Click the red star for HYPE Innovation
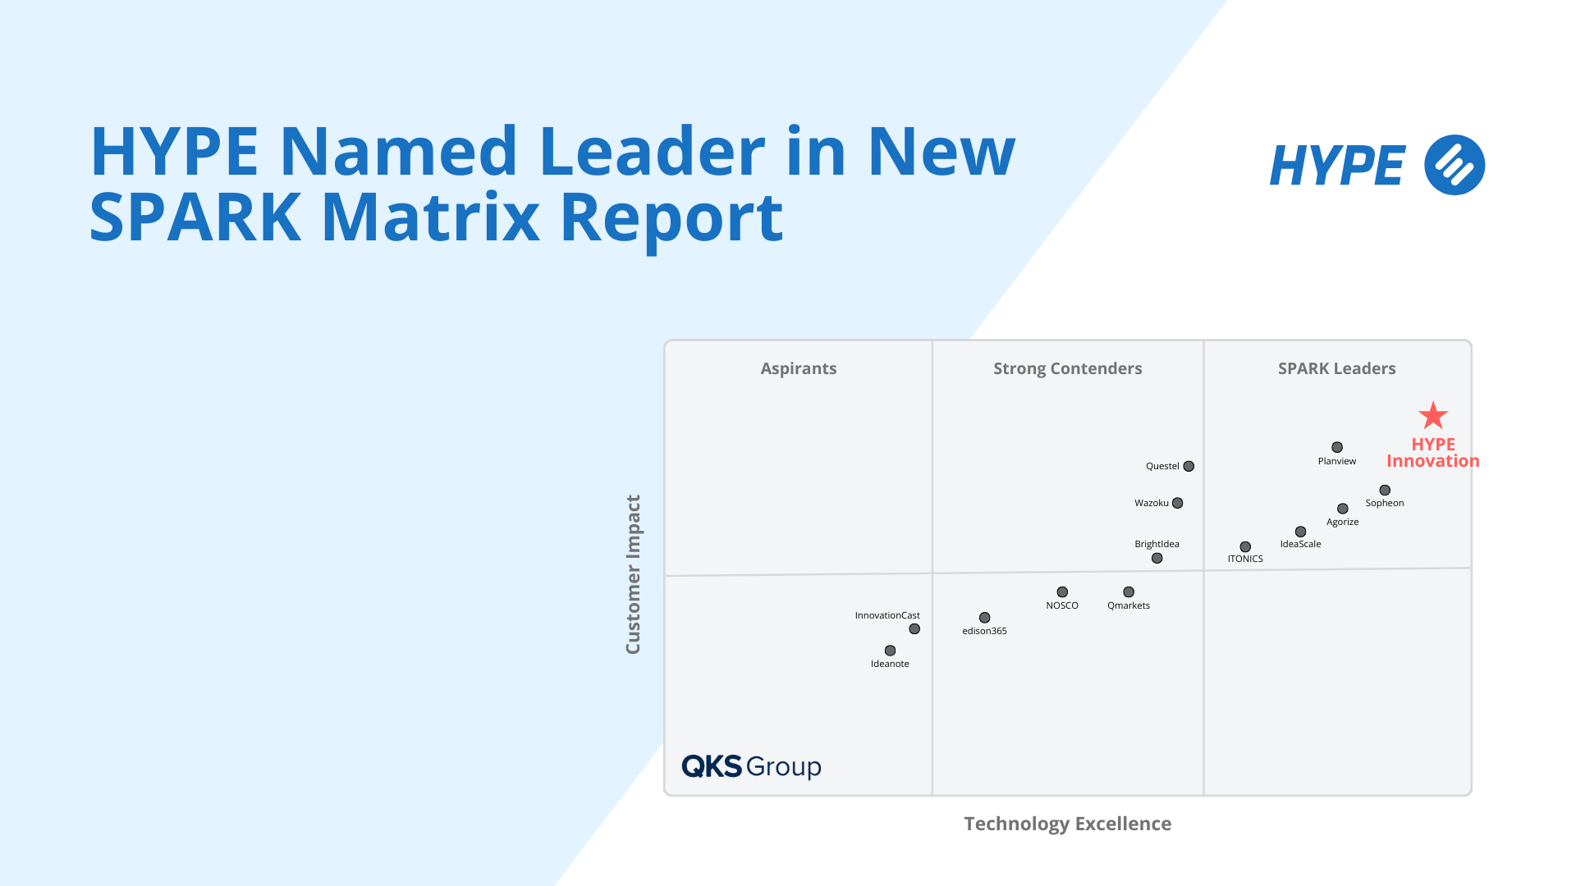pyautogui.click(x=1433, y=416)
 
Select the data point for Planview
pyautogui.click(x=1337, y=447)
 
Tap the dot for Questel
pyautogui.click(x=1189, y=466)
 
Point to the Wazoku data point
pyautogui.click(x=1178, y=503)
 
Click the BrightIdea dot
pyautogui.click(x=1157, y=558)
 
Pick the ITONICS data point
pyautogui.click(x=1245, y=546)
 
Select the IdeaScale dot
pyautogui.click(x=1300, y=532)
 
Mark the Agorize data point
pyautogui.click(x=1343, y=509)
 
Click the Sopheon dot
pyautogui.click(x=1385, y=490)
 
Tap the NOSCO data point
pyautogui.click(x=1062, y=591)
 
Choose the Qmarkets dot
pyautogui.click(x=1129, y=591)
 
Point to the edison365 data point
pyautogui.click(x=985, y=618)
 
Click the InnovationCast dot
pyautogui.click(x=914, y=629)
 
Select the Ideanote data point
pyautogui.click(x=890, y=651)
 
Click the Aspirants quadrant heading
pyautogui.click(x=799, y=368)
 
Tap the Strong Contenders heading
pyautogui.click(x=1068, y=368)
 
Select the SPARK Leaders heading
pyautogui.click(x=1337, y=368)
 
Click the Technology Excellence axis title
pyautogui.click(x=1068, y=824)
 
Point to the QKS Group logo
pyautogui.click(x=751, y=766)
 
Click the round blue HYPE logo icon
pyautogui.click(x=1455, y=165)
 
